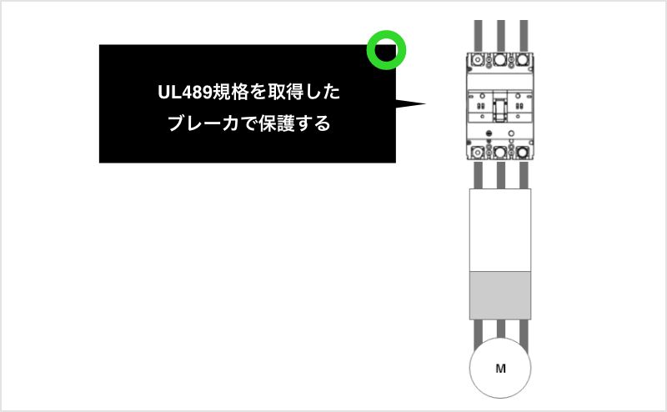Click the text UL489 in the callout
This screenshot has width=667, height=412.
pyautogui.click(x=185, y=93)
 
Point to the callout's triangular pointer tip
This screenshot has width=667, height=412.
pyautogui.click(x=425, y=103)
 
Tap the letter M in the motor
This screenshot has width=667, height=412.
pyautogui.click(x=501, y=369)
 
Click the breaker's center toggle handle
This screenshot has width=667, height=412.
pyautogui.click(x=499, y=110)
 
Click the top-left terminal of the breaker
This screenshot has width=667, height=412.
pyautogui.click(x=478, y=59)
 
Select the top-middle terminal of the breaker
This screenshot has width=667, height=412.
pyautogui.click(x=500, y=59)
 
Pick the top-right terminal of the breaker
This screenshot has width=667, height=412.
pyautogui.click(x=523, y=59)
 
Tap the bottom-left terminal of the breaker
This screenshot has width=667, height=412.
pyautogui.click(x=478, y=152)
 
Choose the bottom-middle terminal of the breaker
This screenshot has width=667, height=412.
pyautogui.click(x=500, y=152)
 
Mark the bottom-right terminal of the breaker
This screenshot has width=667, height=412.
pyautogui.click(x=523, y=152)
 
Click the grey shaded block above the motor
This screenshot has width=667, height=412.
pyautogui.click(x=500, y=295)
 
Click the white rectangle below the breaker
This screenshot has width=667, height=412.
pyautogui.click(x=500, y=230)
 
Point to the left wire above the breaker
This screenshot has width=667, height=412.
pyautogui.click(x=478, y=36)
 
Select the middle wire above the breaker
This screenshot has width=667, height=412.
pyautogui.click(x=501, y=36)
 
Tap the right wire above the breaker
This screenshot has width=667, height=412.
pyautogui.click(x=524, y=36)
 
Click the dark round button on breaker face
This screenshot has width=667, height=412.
pyautogui.click(x=489, y=133)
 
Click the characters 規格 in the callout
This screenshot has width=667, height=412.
pyautogui.click(x=231, y=93)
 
